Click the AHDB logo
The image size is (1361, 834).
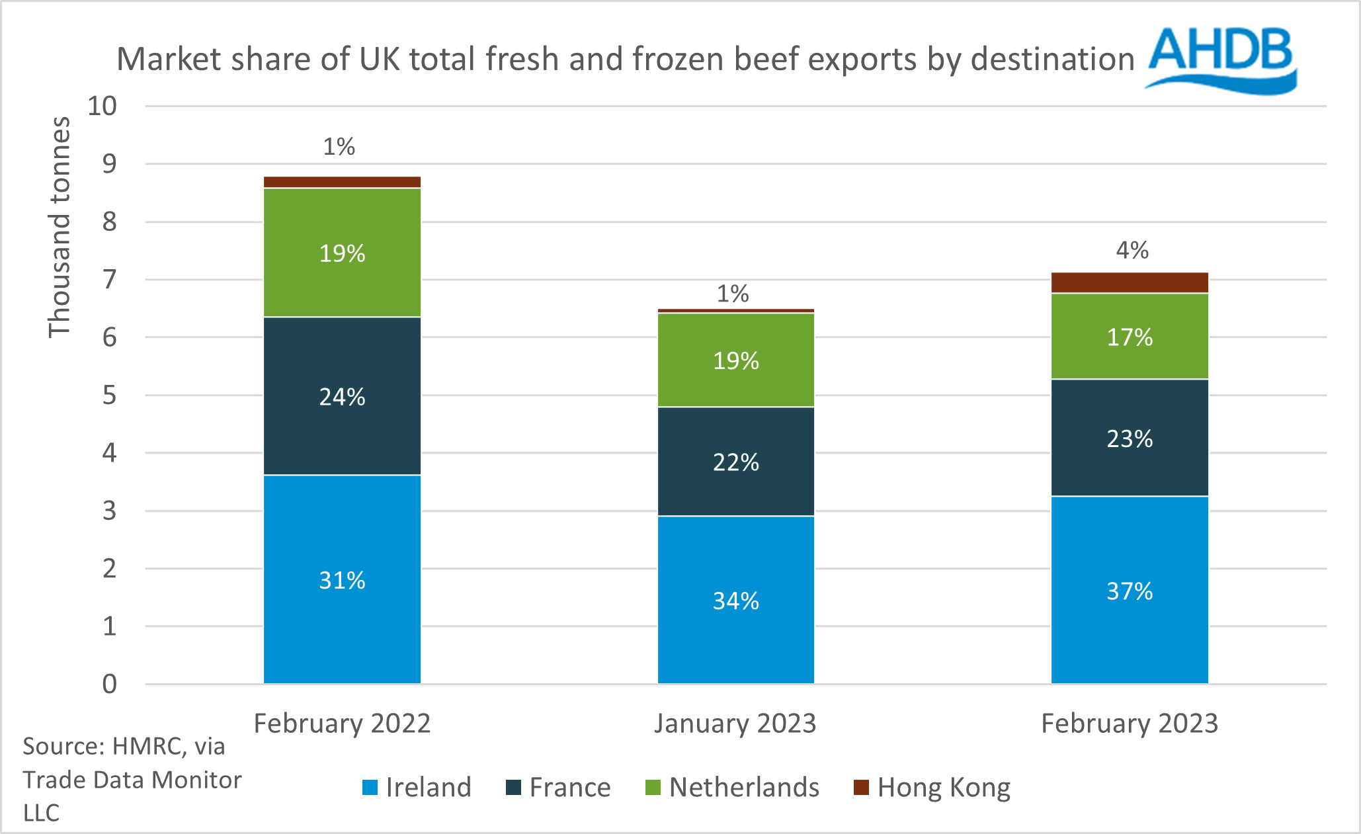click(1221, 60)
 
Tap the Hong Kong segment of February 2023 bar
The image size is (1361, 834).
click(1130, 282)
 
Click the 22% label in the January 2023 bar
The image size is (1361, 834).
click(735, 462)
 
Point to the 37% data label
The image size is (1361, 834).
click(1130, 591)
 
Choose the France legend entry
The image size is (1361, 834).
click(558, 787)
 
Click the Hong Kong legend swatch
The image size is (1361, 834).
click(861, 787)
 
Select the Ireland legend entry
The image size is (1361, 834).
click(417, 787)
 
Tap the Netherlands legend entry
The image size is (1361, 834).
click(733, 787)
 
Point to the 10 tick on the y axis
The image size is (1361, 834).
click(103, 106)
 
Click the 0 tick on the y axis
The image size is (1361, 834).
click(109, 684)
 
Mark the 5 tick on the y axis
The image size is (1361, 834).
click(109, 396)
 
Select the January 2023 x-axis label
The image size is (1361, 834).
click(735, 723)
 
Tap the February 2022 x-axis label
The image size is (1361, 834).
click(342, 723)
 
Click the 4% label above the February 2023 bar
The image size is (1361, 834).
click(1132, 250)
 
